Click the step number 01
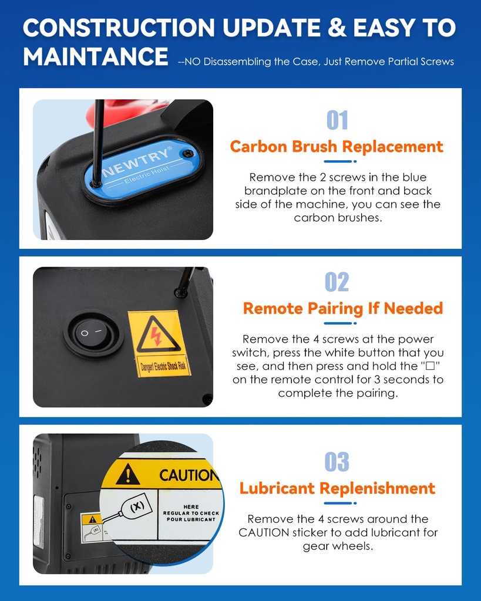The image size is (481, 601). (x=337, y=120)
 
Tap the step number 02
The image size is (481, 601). (x=337, y=282)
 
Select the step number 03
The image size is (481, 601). (x=337, y=461)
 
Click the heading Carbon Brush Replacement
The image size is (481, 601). (x=337, y=146)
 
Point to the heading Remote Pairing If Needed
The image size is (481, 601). (x=343, y=309)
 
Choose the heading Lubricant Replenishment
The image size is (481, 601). (x=337, y=488)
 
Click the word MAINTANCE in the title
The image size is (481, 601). (x=96, y=56)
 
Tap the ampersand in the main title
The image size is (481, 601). (x=337, y=28)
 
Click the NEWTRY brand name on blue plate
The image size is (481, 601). (x=137, y=161)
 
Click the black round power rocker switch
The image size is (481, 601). (x=93, y=333)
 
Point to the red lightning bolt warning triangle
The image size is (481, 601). (x=158, y=334)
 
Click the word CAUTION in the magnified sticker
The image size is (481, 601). (x=189, y=475)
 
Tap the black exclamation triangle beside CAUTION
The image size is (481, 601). (x=127, y=474)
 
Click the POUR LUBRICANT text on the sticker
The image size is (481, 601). (x=191, y=519)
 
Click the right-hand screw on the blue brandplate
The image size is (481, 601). (x=187, y=153)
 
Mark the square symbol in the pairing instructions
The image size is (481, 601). (x=430, y=366)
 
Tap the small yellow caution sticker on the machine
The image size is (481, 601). (x=92, y=528)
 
